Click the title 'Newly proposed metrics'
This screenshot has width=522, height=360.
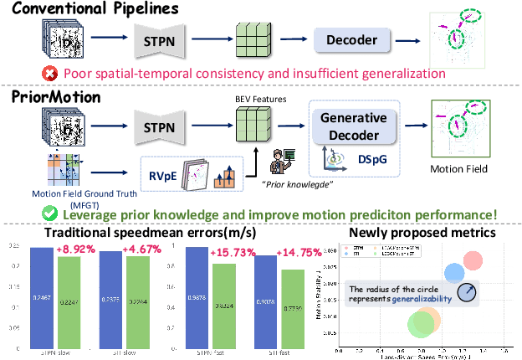point(423,234)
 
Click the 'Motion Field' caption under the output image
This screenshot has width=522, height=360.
point(459,167)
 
